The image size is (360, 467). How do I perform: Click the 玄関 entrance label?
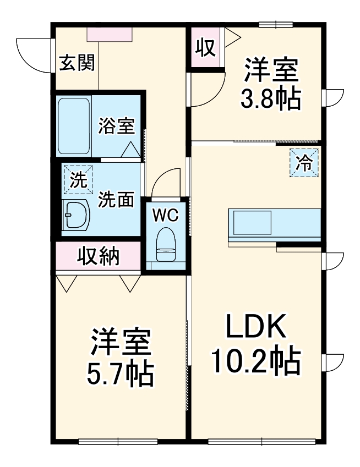(x=77, y=63)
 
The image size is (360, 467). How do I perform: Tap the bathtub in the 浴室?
(x=74, y=127)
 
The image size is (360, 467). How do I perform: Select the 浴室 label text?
(x=116, y=125)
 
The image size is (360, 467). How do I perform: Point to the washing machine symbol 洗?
(x=78, y=180)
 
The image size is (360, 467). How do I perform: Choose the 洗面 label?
(x=116, y=200)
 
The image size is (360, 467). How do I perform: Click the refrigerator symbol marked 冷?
(x=304, y=162)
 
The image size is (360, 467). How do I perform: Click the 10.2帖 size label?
(x=255, y=361)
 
